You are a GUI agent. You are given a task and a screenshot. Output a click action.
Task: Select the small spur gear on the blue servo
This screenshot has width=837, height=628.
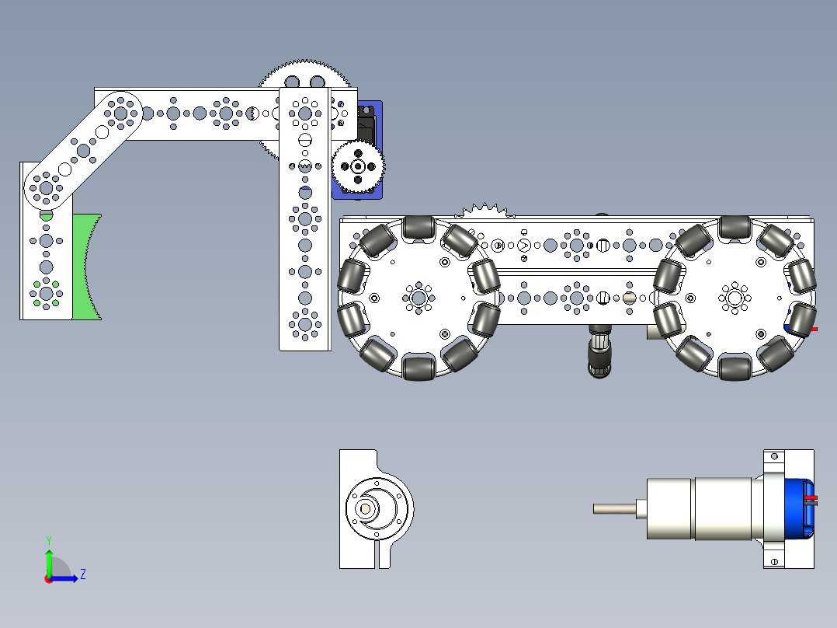358,167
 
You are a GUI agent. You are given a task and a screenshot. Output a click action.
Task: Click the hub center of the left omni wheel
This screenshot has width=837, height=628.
419,298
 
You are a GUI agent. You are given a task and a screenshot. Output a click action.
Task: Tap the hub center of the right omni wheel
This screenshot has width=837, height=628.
735,298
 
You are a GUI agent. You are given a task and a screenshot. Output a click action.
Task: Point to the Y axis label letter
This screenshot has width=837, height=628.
49,540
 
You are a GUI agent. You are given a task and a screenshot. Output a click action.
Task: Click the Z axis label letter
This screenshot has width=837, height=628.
83,574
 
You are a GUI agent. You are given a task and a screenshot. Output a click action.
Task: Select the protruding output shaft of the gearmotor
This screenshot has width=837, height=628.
614,509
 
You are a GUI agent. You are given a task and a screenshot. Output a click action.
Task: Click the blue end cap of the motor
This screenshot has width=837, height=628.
799,508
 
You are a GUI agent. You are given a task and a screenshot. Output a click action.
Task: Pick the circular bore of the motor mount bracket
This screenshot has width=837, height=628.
377,508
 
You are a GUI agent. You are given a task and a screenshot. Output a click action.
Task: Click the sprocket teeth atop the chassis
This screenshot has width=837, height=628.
484,210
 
